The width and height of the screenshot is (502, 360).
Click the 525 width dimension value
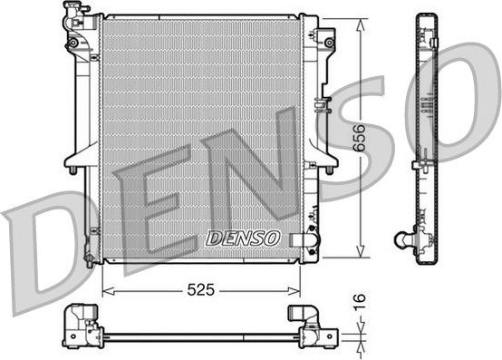[200, 290]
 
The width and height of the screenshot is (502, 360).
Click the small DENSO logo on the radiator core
[244, 238]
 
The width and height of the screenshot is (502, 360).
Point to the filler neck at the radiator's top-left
[72, 13]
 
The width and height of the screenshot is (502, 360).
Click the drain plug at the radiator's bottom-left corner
[88, 260]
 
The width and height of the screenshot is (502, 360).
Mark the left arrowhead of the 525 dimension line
[104, 291]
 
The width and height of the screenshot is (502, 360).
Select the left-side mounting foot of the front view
[72, 166]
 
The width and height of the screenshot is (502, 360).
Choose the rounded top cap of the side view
[425, 19]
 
